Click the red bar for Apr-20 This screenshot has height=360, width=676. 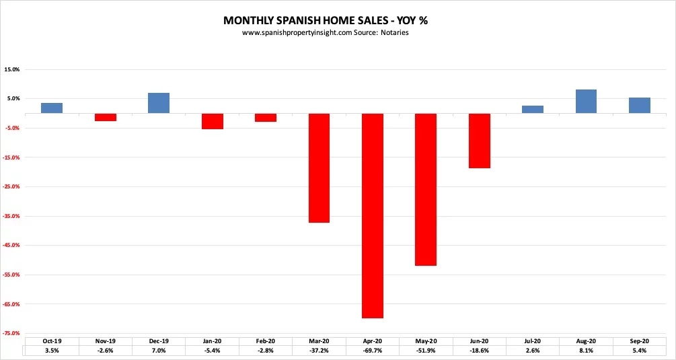tap(373, 215)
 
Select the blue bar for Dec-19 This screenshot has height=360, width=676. tap(159, 103)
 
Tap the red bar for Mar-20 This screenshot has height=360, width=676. tap(319, 168)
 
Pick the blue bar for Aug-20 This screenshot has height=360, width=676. tap(586, 102)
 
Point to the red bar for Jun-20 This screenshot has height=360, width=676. tap(480, 141)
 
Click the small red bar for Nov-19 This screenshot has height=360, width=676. tap(106, 117)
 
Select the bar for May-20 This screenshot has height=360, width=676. tap(426, 189)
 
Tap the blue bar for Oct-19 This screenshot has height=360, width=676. tap(52, 108)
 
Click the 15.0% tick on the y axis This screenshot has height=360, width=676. tap(12, 69)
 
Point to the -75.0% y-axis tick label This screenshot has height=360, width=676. tap(12, 333)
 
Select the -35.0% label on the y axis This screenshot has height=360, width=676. tap(12, 216)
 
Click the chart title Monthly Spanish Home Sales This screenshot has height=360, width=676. tap(325, 20)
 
